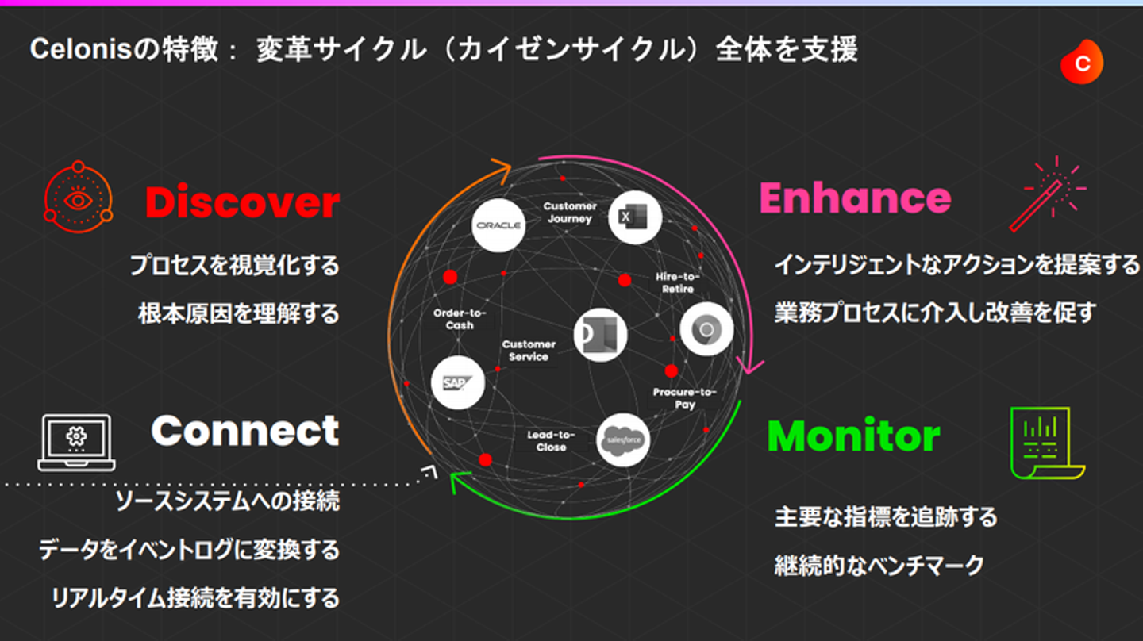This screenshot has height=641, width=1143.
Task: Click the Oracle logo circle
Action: click(x=498, y=225)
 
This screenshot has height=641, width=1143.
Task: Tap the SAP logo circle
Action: click(x=458, y=382)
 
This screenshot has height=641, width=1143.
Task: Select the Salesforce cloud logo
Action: click(x=623, y=440)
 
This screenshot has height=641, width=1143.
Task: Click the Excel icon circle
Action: click(x=635, y=217)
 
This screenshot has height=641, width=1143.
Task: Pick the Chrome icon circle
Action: click(x=706, y=329)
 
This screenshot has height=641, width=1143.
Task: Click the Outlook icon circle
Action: click(x=600, y=335)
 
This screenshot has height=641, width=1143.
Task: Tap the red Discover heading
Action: click(x=242, y=202)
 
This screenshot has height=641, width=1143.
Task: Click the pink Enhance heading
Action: click(x=855, y=198)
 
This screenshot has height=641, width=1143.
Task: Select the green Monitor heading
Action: click(x=854, y=436)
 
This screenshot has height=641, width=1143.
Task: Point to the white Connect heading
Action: click(x=245, y=431)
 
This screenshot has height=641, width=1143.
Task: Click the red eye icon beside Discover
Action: click(x=78, y=198)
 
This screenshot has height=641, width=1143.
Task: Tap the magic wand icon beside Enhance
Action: click(x=1048, y=194)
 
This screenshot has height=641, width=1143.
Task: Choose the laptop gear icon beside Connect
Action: click(x=76, y=442)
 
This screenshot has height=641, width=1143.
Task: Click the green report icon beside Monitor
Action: click(x=1048, y=443)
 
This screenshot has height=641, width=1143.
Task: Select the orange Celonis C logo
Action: click(x=1082, y=62)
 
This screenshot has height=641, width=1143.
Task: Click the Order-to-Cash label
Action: click(x=460, y=319)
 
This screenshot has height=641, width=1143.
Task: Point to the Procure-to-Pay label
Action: click(x=685, y=398)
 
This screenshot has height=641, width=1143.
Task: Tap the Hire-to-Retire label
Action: click(x=678, y=282)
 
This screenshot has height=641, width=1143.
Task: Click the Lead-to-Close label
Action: click(x=551, y=440)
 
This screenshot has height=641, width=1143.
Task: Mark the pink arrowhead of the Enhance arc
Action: click(x=749, y=367)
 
